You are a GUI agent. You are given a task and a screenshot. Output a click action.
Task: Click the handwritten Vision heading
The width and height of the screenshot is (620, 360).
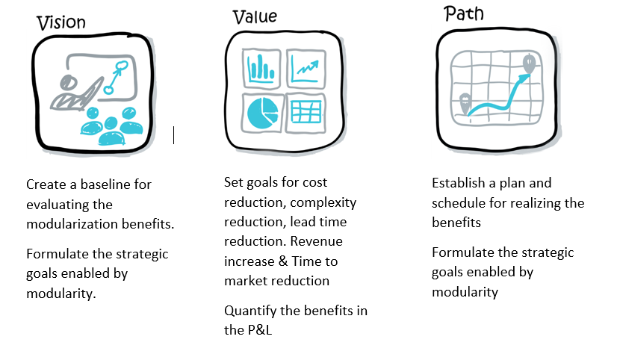pyautogui.click(x=61, y=23)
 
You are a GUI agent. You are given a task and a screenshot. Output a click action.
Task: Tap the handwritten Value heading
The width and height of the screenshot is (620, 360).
pyautogui.click(x=255, y=17)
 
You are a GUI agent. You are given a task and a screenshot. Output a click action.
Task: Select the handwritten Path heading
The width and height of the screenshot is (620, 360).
pyautogui.click(x=464, y=13)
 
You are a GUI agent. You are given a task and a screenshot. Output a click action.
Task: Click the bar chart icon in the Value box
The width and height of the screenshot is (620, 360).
pyautogui.click(x=261, y=68)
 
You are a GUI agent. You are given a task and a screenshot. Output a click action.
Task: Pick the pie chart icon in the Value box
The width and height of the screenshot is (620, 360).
pyautogui.click(x=262, y=113)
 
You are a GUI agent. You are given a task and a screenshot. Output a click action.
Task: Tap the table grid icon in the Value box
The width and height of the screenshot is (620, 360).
pyautogui.click(x=306, y=112)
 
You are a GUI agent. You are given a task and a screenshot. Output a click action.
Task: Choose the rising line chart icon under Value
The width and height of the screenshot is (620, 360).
pyautogui.click(x=306, y=68)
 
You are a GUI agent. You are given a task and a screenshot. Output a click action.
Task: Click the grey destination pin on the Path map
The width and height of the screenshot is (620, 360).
pyautogui.click(x=529, y=64)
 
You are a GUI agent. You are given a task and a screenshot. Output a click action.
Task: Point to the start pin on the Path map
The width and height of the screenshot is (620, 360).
pyautogui.click(x=465, y=104)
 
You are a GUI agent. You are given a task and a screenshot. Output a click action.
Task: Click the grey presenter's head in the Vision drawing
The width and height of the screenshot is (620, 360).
pyautogui.click(x=68, y=83)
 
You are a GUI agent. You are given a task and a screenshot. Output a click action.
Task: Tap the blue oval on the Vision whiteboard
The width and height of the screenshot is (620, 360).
pyautogui.click(x=122, y=65)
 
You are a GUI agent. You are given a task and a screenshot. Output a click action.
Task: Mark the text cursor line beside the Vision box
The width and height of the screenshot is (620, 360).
pyautogui.click(x=173, y=135)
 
